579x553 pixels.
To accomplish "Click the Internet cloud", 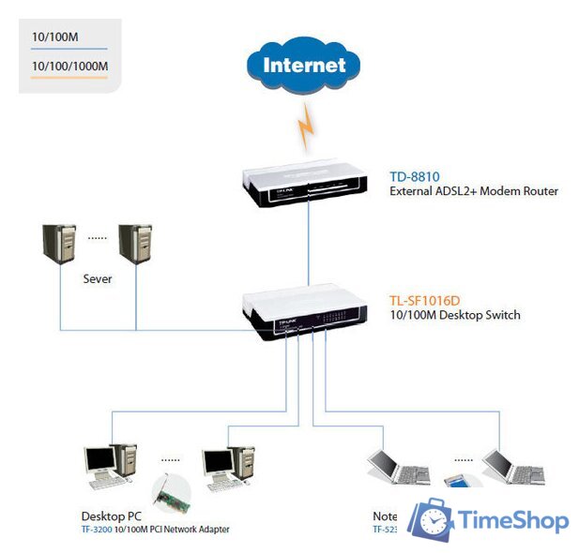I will click(304, 66).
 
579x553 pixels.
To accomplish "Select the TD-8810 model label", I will click(415, 175).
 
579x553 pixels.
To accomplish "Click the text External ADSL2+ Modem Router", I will click(473, 190).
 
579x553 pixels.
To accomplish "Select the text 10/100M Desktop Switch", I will click(454, 315).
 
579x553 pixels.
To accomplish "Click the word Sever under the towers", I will click(98, 278).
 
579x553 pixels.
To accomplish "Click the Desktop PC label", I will click(110, 516).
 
